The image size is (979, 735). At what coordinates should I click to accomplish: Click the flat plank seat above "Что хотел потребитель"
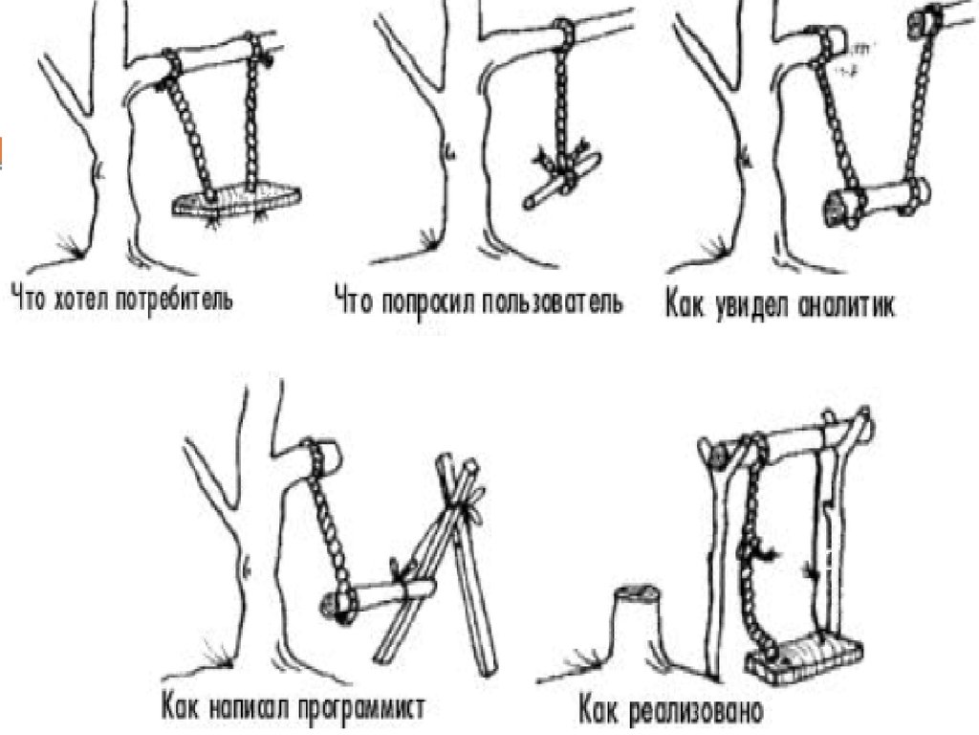(x=236, y=199)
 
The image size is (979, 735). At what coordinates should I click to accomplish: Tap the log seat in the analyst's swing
(x=876, y=201)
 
